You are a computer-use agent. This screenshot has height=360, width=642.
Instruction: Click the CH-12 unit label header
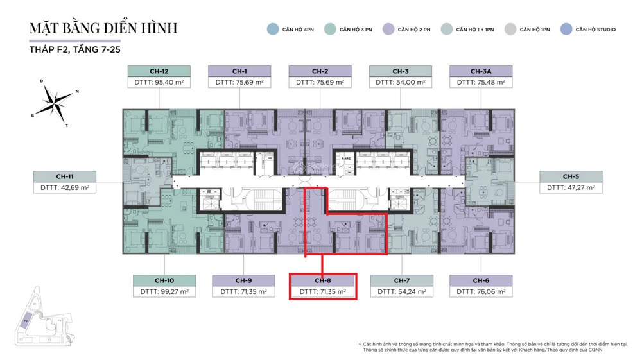click(159, 71)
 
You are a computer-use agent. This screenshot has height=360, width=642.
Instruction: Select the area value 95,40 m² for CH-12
click(159, 83)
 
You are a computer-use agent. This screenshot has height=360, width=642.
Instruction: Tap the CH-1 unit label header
click(239, 71)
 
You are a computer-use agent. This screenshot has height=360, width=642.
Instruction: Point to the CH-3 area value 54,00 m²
click(400, 83)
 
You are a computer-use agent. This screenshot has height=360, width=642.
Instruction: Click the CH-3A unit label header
click(481, 71)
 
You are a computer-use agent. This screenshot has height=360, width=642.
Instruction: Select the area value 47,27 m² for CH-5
click(571, 188)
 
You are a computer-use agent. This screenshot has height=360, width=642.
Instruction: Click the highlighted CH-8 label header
click(322, 280)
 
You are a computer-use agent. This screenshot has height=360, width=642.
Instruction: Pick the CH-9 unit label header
click(243, 280)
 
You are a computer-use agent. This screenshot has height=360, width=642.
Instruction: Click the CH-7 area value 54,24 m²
click(402, 292)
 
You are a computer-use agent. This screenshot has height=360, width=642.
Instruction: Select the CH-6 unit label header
click(481, 280)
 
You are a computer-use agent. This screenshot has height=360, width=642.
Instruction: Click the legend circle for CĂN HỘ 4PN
click(272, 29)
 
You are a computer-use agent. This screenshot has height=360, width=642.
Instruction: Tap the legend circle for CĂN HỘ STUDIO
click(566, 29)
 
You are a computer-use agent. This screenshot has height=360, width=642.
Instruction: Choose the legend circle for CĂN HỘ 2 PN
click(388, 29)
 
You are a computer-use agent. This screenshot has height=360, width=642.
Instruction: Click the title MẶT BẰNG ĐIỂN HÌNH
click(103, 29)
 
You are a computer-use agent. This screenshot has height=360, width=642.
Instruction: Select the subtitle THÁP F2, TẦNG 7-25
click(74, 50)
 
